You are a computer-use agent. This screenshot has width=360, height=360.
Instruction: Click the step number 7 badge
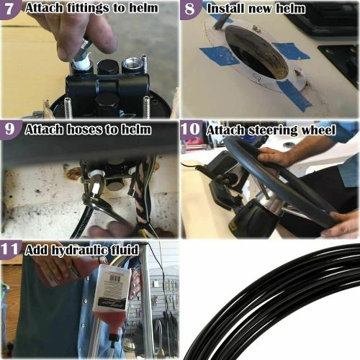click(10, 9)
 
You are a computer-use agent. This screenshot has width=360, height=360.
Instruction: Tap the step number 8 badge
click(190, 9)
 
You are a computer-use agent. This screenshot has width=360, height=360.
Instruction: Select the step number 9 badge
click(10, 130)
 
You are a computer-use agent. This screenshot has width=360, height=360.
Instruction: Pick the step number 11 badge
click(10, 251)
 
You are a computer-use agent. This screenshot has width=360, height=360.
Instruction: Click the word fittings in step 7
click(79, 9)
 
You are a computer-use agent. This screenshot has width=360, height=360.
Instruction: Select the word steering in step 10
click(269, 130)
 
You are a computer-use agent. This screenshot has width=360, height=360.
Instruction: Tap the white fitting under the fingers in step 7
click(81, 63)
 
